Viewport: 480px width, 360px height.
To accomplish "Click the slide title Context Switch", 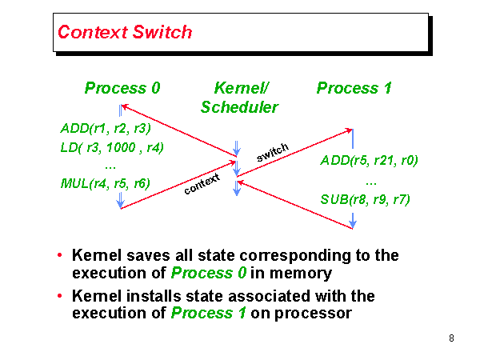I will (125, 33).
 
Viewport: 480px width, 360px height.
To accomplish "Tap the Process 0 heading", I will (122, 88).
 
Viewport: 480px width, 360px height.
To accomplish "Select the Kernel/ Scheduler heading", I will (240, 97).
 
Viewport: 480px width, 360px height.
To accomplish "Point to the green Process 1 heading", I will (354, 88).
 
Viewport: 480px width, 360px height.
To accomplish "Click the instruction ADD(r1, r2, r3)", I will (106, 128).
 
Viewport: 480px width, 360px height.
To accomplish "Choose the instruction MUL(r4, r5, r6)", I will (105, 183).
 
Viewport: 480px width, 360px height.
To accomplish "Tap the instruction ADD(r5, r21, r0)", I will (369, 161).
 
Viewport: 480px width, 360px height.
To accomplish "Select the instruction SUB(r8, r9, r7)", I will (365, 198).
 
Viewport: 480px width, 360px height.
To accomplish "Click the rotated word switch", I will (272, 152).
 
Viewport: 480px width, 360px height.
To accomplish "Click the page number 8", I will (452, 338).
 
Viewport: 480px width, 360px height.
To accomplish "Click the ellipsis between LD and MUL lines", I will (110, 166).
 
